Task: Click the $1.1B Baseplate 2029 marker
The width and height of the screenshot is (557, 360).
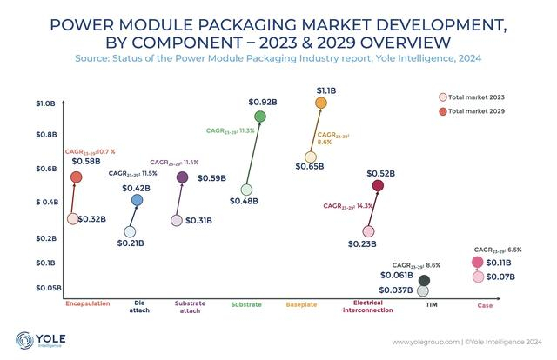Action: coord(321,103)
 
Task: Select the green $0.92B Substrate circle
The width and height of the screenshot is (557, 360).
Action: coord(259,117)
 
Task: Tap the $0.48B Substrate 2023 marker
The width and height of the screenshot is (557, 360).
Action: coord(246,190)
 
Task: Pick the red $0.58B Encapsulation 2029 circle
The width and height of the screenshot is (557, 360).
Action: coord(76,177)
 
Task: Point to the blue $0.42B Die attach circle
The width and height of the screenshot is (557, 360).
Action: coord(137,201)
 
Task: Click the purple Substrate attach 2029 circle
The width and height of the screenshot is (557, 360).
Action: coord(182,177)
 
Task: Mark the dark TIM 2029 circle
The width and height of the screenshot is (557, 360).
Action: coord(424,280)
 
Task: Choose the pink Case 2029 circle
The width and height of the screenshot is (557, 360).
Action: coord(477,263)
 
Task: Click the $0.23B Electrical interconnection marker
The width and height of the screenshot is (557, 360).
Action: coord(369,231)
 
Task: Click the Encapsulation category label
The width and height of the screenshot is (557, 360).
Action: coord(88,304)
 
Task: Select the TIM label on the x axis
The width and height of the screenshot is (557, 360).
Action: coord(431,305)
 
